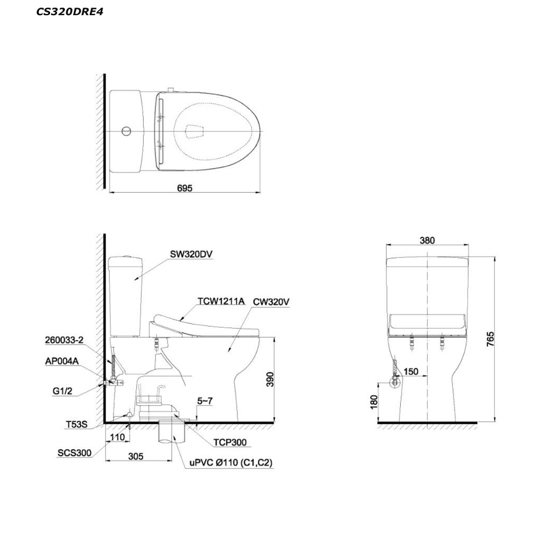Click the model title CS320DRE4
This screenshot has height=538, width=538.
pyautogui.click(x=69, y=12)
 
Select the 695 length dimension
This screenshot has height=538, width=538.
pyautogui.click(x=185, y=188)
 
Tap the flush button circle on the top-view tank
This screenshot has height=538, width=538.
pyautogui.click(x=126, y=131)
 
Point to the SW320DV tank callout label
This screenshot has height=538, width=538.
pyautogui.click(x=191, y=254)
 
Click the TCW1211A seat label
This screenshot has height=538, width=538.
pyautogui.click(x=221, y=301)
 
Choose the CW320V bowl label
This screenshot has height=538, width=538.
pyautogui.click(x=271, y=302)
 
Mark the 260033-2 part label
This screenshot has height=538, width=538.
pyautogui.click(x=64, y=340)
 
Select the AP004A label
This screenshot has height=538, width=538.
pyautogui.click(x=62, y=361)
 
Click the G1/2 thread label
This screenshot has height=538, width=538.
pyautogui.click(x=62, y=391)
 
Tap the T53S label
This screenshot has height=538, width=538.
pyautogui.click(x=77, y=425)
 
